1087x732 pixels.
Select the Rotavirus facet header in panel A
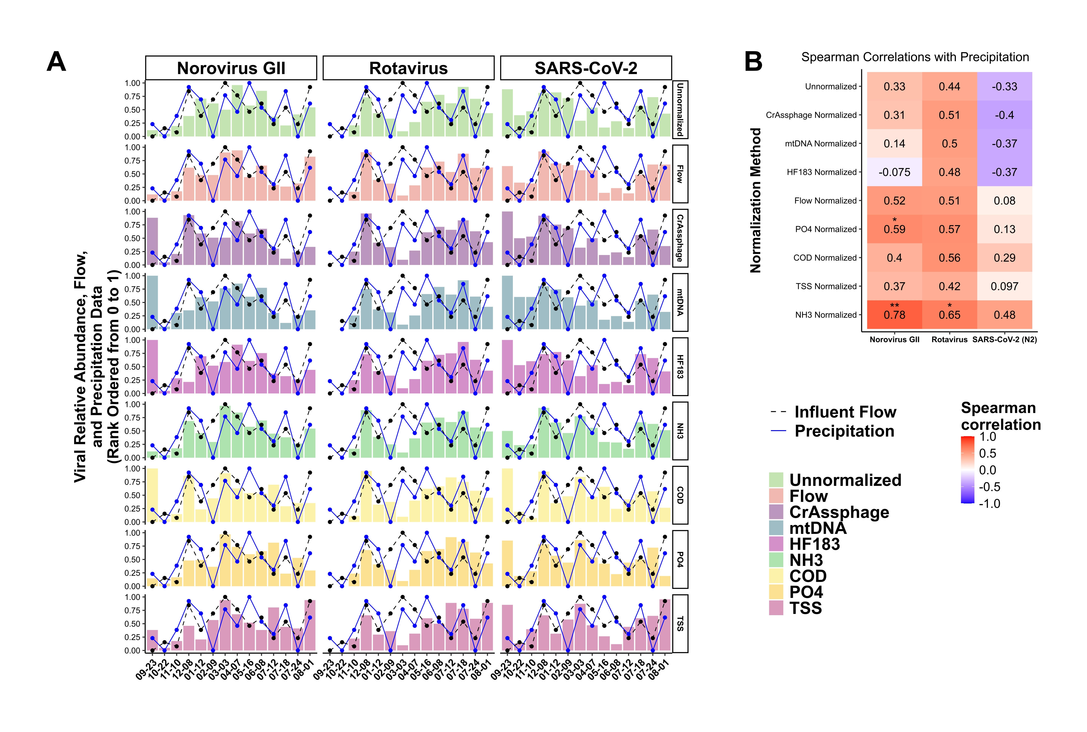pos(408,68)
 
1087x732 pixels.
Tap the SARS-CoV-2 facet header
pos(586,68)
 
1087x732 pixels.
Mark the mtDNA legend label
pos(817,528)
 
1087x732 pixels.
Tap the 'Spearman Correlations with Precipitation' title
pos(915,57)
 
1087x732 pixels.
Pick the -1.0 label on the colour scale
pos(989,504)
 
